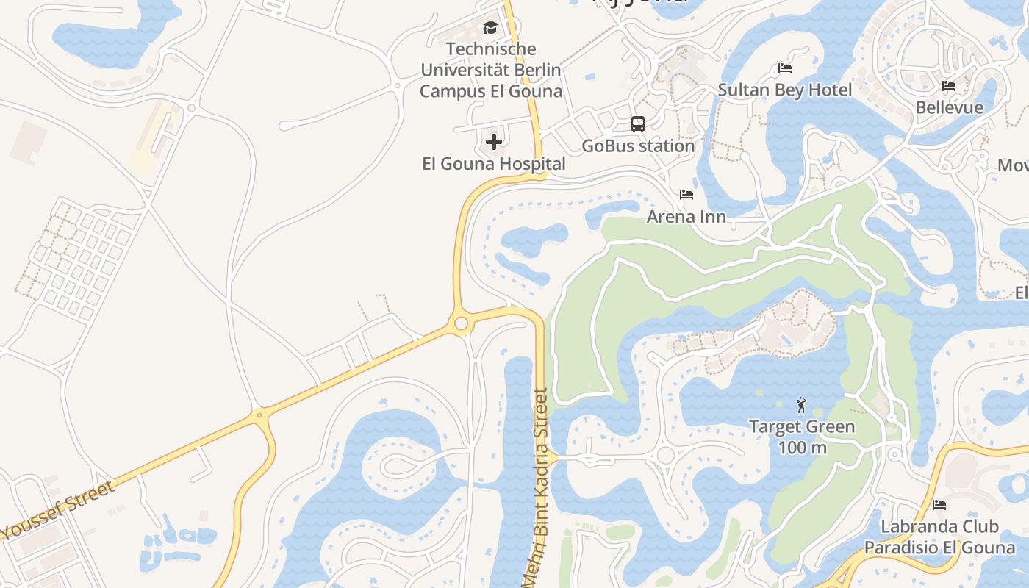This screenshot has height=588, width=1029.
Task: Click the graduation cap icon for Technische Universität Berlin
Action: [490, 28]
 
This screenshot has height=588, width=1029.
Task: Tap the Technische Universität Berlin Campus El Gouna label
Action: [490, 71]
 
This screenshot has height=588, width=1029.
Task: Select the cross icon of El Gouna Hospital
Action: [494, 141]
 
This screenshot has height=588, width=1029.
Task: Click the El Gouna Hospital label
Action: [494, 164]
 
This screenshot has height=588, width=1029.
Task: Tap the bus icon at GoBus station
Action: [638, 124]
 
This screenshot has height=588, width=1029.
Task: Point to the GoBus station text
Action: [638, 146]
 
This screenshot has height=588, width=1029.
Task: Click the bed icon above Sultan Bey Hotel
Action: [785, 68]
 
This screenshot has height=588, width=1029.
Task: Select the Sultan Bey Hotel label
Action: [785, 90]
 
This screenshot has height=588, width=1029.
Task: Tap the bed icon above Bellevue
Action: [949, 86]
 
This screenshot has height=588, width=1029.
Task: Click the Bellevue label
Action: [949, 108]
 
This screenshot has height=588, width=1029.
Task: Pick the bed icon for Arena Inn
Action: [686, 195]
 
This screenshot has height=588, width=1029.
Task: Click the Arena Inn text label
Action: [686, 217]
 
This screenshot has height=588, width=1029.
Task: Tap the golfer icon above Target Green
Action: [801, 404]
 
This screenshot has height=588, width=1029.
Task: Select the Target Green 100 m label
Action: [801, 437]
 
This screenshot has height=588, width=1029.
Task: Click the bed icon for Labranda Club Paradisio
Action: [939, 505]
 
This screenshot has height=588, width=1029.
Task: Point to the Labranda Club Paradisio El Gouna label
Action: [939, 537]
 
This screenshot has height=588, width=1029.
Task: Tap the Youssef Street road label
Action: [59, 509]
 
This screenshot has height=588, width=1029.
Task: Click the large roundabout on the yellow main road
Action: [461, 323]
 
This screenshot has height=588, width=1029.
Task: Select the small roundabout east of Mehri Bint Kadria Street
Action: [665, 456]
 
